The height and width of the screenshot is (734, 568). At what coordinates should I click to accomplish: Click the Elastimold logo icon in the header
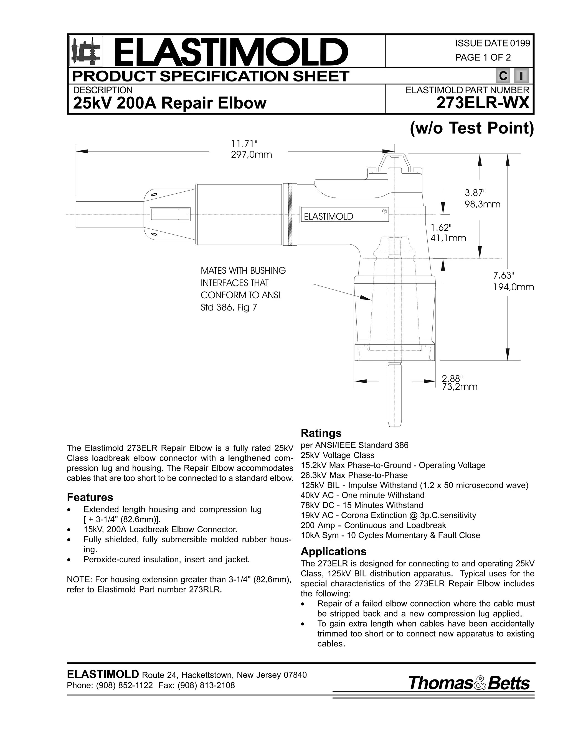86,52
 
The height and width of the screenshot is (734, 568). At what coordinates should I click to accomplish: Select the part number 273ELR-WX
483,103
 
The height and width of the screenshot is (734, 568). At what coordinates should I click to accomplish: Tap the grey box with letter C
503,76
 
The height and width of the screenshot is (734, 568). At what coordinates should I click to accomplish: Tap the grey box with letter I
521,76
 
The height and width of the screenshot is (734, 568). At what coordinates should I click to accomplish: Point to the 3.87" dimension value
475,193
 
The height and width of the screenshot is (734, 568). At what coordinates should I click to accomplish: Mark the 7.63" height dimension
504,276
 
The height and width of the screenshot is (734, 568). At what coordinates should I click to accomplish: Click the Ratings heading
321,433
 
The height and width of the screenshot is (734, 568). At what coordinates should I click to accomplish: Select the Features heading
90,497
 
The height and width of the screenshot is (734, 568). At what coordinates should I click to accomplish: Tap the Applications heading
333,551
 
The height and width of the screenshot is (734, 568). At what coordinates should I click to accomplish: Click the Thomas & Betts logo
469,683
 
